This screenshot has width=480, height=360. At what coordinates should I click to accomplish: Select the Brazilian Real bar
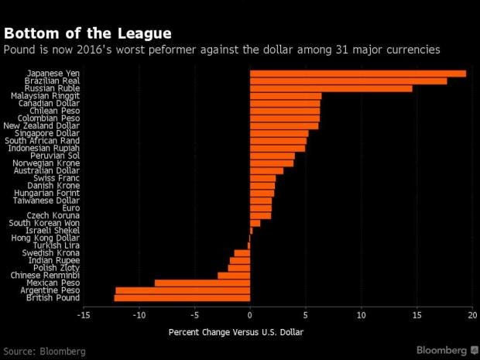coord(348,81)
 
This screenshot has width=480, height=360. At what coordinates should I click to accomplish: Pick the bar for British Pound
coord(182,297)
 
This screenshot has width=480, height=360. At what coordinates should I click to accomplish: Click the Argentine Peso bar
coord(183,290)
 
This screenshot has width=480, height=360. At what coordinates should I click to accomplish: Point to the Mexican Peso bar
coord(202,283)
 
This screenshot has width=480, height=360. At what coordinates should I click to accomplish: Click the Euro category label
coord(70,208)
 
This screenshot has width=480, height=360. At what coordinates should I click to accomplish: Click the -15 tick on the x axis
coord(84,316)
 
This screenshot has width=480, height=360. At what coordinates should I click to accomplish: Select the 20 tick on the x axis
coord(473,316)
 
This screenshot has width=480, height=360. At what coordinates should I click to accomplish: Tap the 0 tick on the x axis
coord(250,316)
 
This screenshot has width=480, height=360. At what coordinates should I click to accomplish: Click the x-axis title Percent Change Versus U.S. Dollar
coord(235,333)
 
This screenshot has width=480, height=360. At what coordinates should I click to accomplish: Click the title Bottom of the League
coord(87,33)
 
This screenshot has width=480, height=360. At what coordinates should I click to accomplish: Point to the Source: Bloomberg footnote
coord(43,351)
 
